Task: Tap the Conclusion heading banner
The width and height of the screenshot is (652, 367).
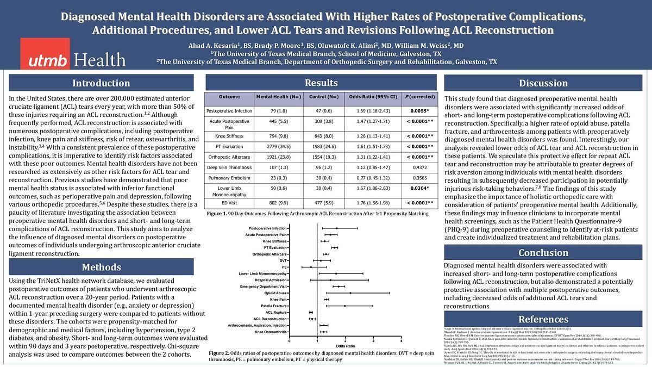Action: [543, 253]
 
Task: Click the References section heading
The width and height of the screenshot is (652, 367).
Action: [543, 319]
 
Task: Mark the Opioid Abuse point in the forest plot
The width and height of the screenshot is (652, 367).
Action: [350, 293]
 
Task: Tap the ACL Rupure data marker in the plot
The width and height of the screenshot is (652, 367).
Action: [311, 313]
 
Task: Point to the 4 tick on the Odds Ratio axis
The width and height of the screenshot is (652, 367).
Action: [401, 340]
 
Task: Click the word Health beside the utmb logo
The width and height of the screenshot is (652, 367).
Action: [99, 59]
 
